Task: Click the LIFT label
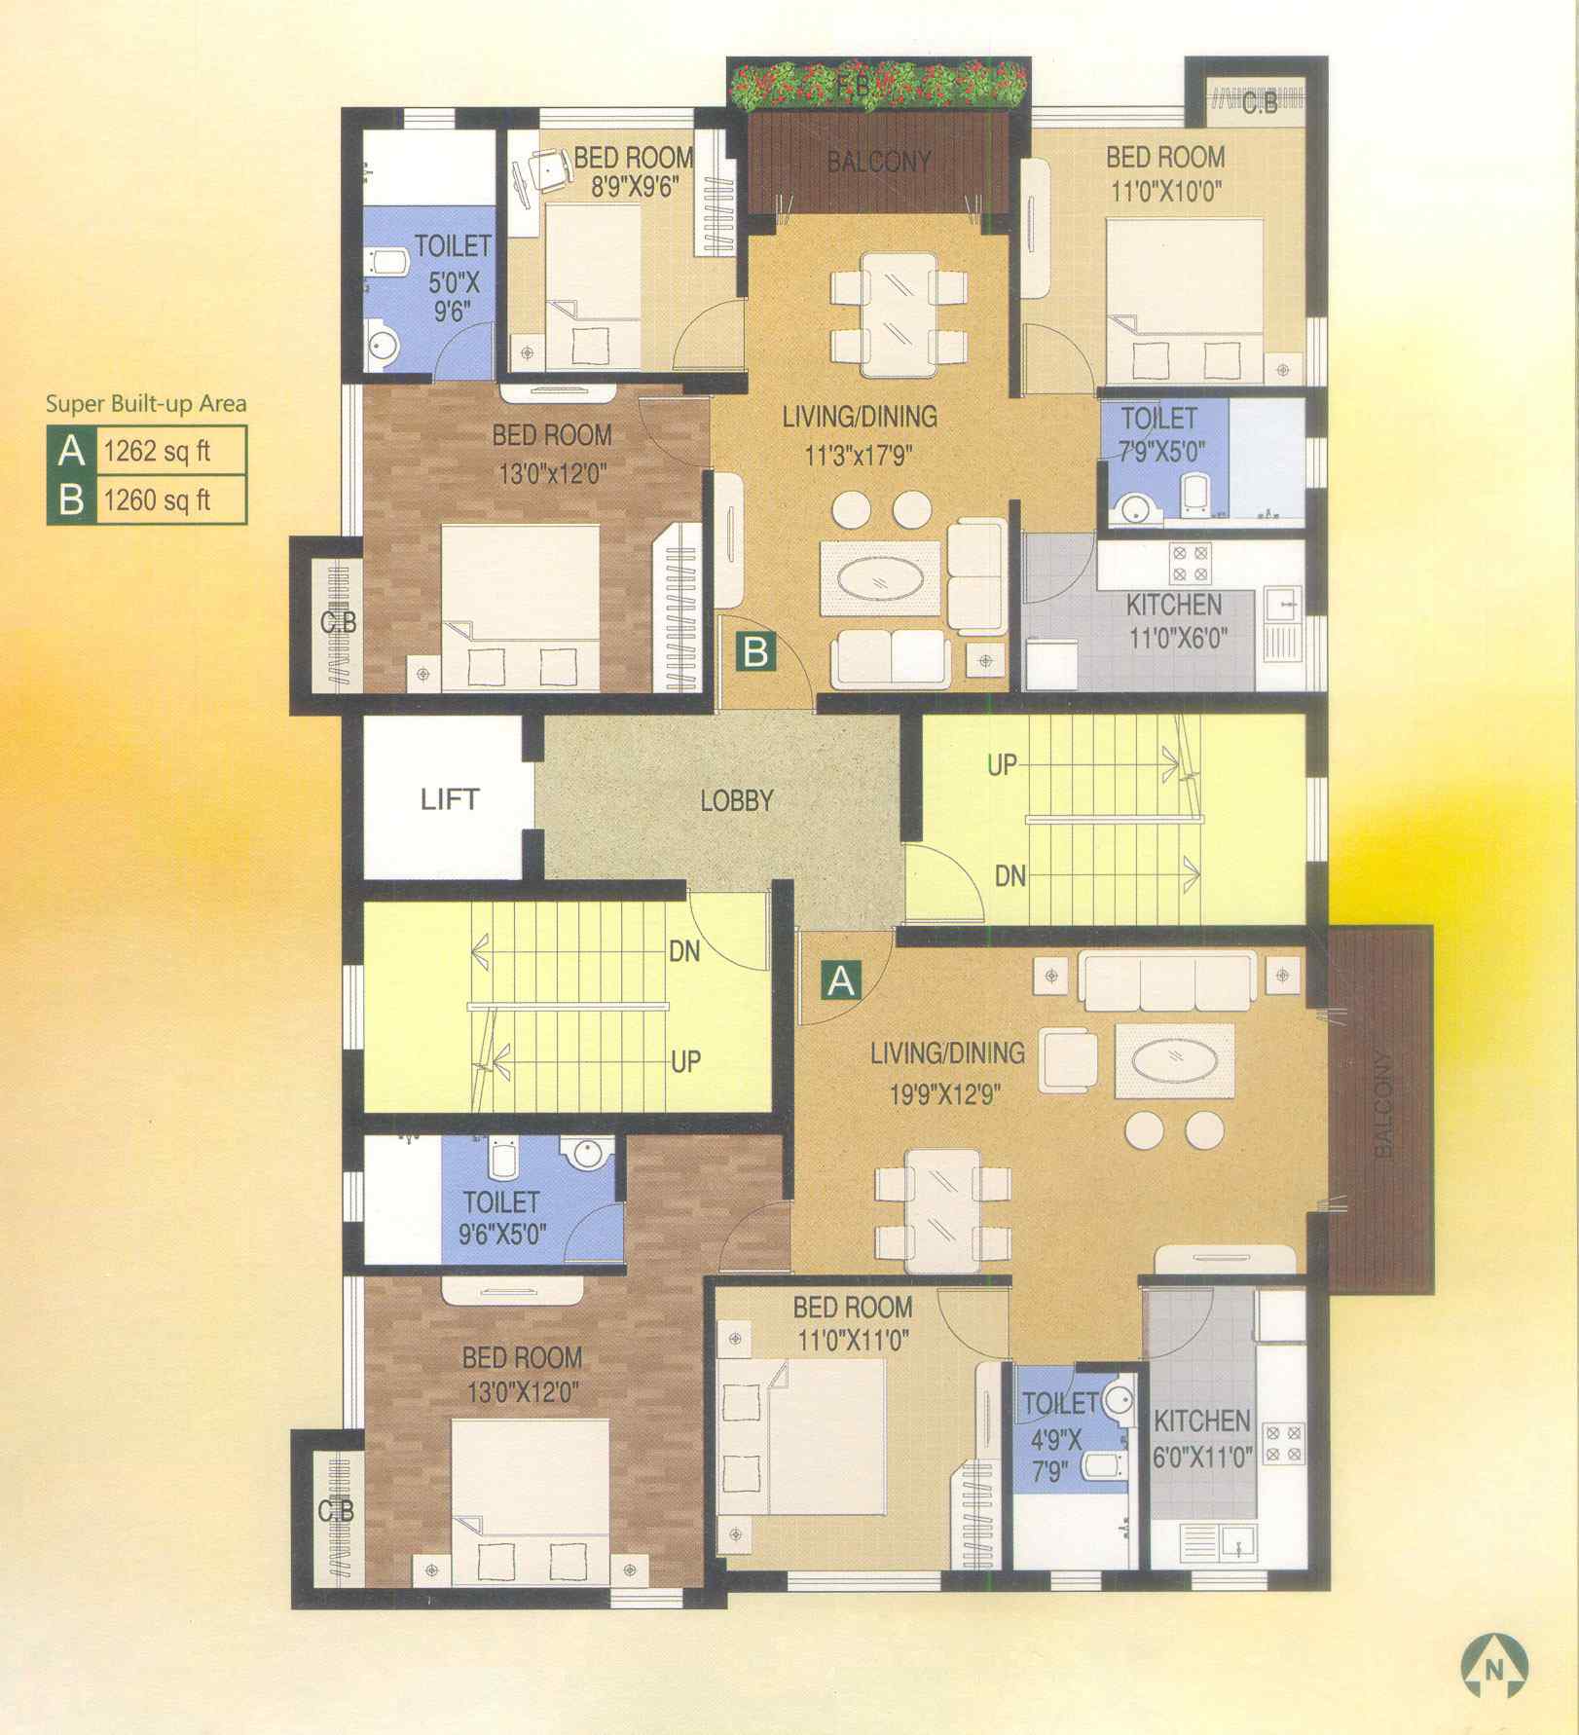(449, 800)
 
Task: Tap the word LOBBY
(737, 801)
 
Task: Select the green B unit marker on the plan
(755, 650)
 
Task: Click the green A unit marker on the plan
(841, 979)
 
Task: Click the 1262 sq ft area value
(157, 451)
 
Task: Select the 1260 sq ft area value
(157, 500)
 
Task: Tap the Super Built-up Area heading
(146, 404)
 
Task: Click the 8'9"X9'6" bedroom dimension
(634, 186)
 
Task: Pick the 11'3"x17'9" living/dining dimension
(859, 455)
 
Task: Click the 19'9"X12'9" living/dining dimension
(945, 1094)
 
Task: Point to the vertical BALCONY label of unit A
(1382, 1104)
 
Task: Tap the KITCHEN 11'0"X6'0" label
(1175, 621)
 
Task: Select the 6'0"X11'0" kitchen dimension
(1202, 1458)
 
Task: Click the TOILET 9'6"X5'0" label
(501, 1217)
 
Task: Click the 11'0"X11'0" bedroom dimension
(854, 1340)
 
